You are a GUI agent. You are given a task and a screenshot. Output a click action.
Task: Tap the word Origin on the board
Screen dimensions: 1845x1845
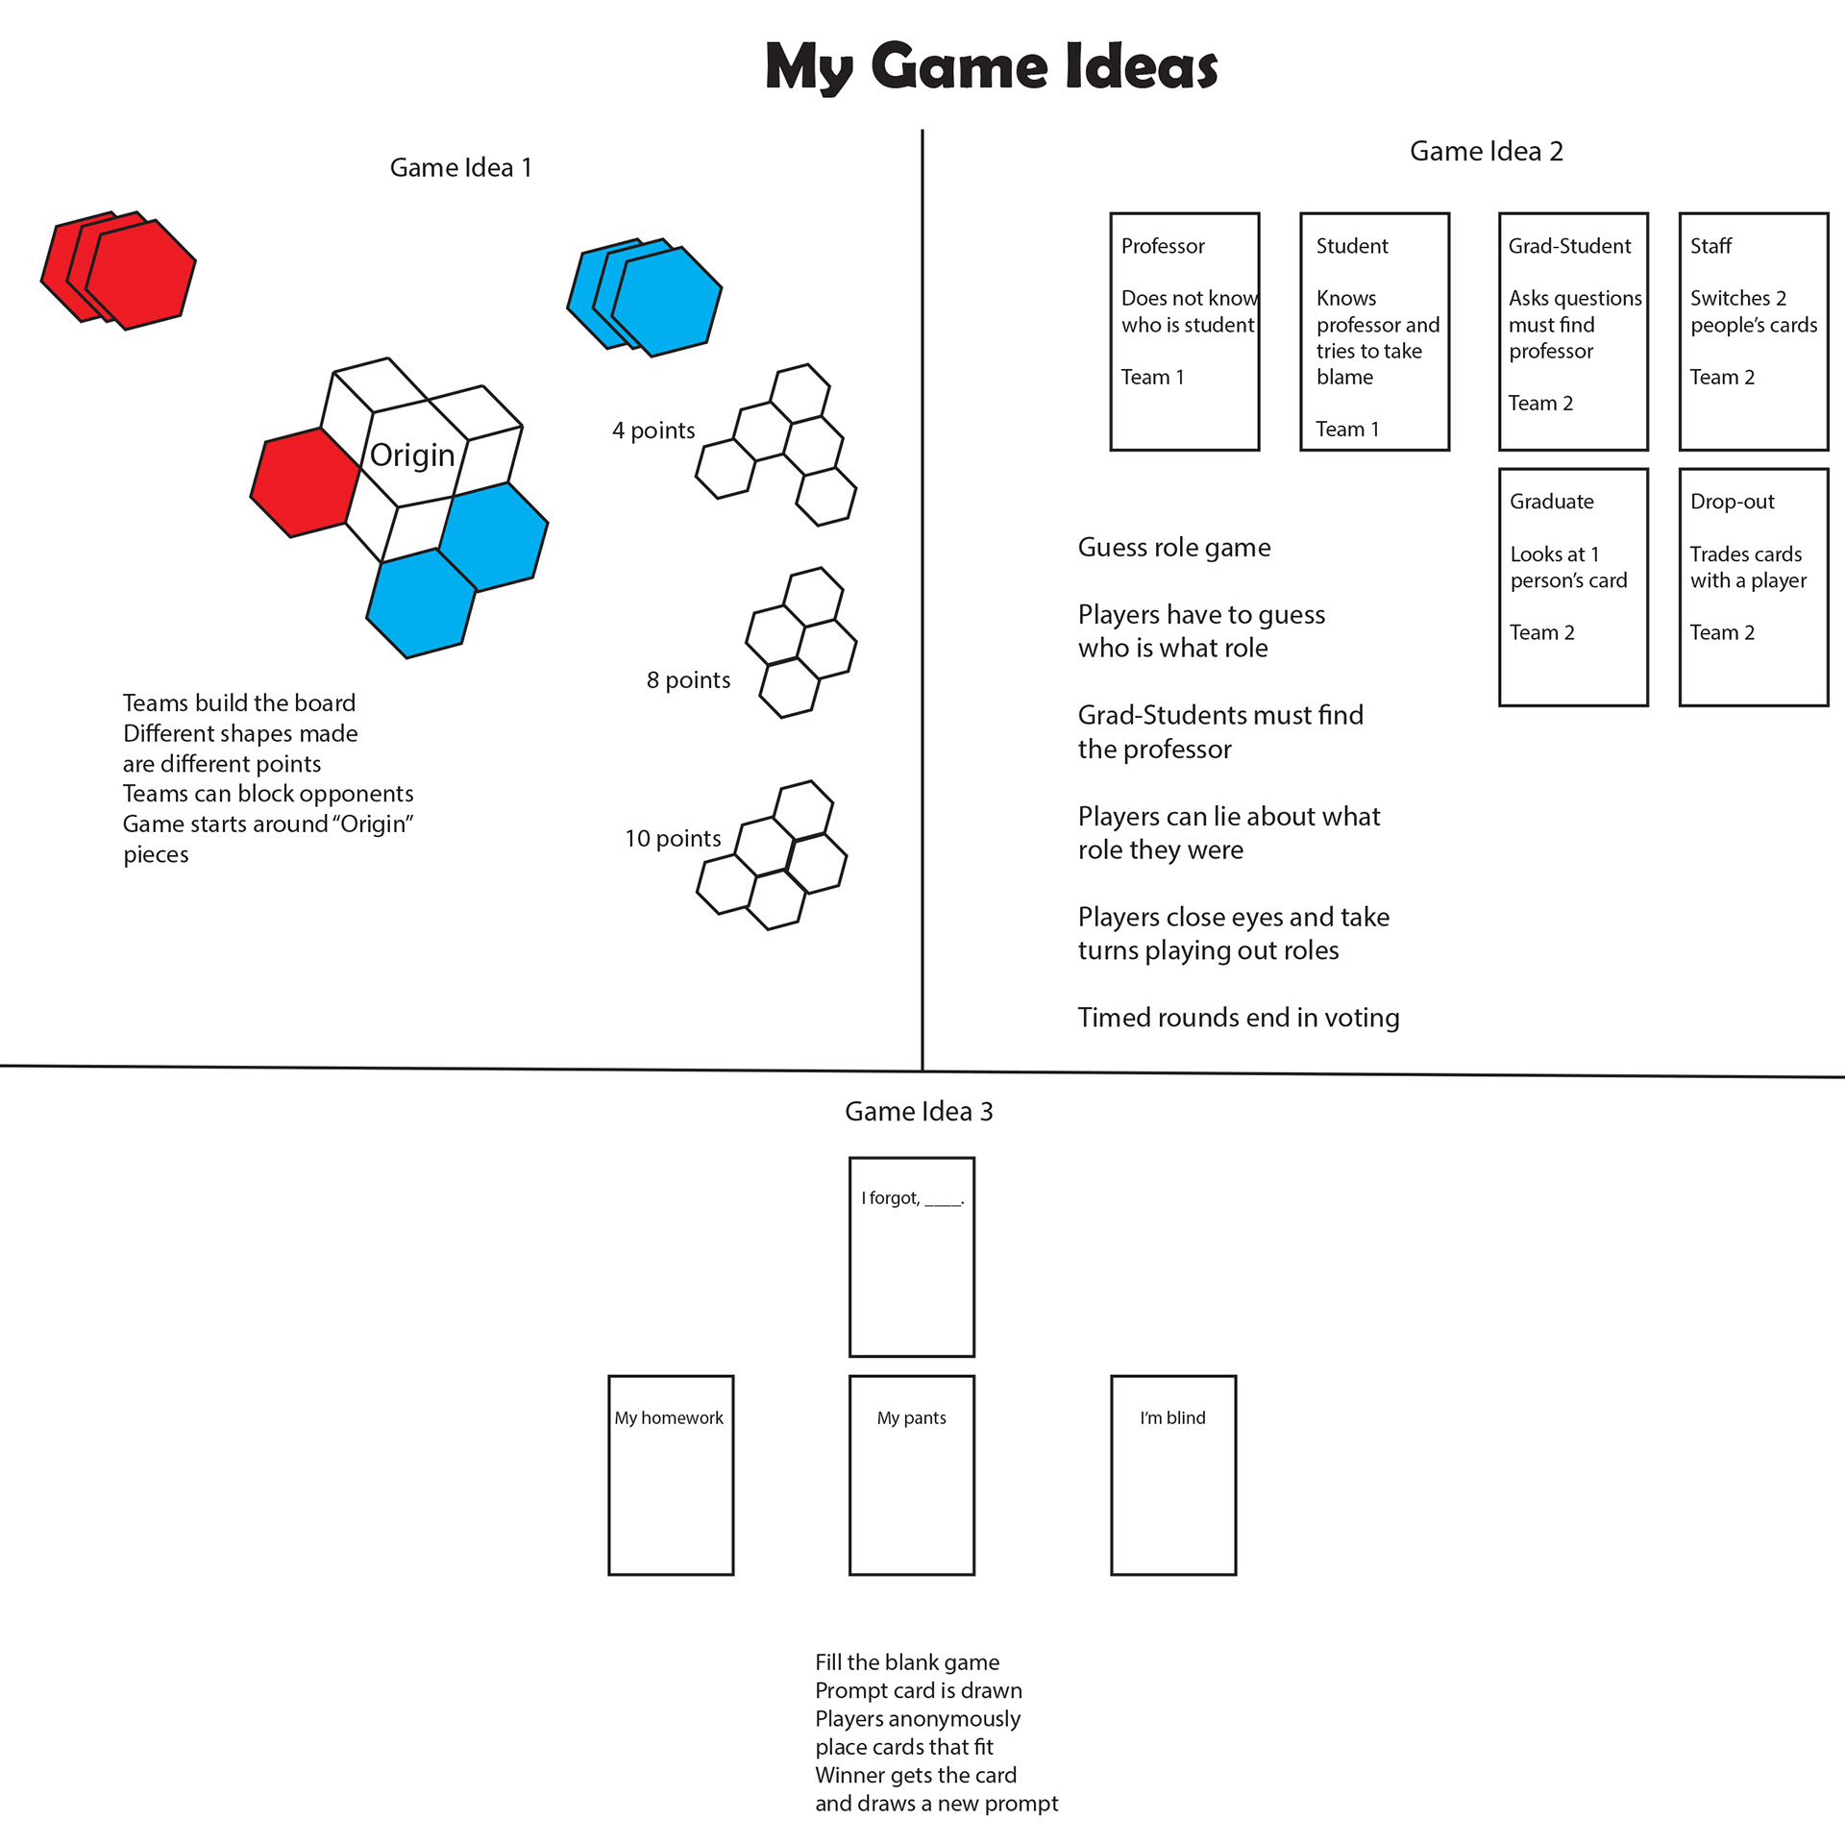412,455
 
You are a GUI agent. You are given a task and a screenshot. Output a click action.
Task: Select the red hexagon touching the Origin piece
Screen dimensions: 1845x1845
304,481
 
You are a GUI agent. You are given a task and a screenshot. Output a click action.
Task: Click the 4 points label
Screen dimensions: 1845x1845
653,430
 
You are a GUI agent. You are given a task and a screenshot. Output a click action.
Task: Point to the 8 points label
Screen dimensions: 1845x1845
688,680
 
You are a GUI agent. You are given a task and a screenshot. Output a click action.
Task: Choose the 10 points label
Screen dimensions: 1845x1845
673,839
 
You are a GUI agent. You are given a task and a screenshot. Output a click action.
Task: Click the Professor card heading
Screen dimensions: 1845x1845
1163,246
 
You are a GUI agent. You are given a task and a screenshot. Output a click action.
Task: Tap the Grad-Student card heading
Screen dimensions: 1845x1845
1569,246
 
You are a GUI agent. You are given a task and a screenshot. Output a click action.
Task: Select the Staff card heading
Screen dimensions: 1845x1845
1710,246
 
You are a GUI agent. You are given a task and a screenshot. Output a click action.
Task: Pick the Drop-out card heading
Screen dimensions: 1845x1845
1732,502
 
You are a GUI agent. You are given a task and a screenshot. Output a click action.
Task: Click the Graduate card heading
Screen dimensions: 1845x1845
1551,502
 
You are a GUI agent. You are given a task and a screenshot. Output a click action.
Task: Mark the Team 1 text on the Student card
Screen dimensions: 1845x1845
1347,430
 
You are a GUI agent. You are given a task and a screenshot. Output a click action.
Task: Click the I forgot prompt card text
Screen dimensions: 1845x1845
912,1198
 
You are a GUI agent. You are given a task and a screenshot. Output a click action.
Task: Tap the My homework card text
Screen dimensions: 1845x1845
669,1418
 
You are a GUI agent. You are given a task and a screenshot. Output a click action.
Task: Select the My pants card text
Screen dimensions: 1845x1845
911,1418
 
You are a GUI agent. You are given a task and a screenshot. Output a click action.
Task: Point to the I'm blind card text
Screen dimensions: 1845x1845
1172,1418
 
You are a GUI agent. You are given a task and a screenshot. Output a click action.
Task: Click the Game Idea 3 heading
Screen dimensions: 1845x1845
919,1112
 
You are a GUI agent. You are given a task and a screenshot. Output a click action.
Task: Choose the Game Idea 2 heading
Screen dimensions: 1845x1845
1486,151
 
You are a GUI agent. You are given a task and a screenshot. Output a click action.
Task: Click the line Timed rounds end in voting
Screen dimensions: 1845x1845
1238,1018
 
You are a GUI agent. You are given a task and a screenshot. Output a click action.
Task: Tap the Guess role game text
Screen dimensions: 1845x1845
1174,548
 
